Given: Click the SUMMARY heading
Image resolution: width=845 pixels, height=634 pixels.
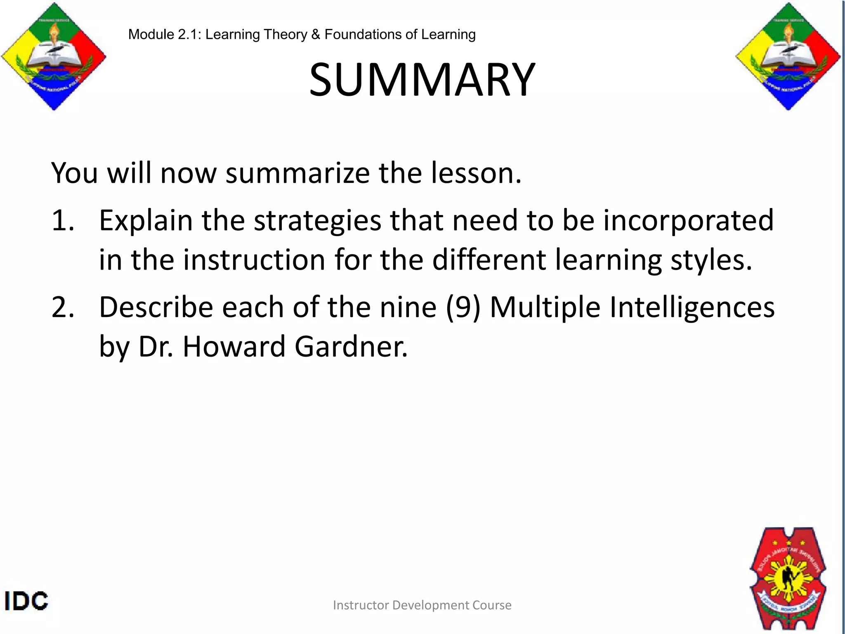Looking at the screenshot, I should tap(422, 80).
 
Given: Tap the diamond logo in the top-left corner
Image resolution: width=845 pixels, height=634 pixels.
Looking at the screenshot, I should tap(54, 57).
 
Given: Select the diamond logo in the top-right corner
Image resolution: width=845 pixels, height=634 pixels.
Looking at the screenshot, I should tap(788, 57).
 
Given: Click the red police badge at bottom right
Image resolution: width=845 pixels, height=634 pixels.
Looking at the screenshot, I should tap(788, 578).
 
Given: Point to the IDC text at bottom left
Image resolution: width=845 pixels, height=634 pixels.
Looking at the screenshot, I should tap(26, 601).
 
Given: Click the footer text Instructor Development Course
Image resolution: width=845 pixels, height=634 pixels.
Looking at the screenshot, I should tap(422, 605).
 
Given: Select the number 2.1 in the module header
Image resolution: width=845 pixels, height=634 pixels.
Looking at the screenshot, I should tap(189, 34).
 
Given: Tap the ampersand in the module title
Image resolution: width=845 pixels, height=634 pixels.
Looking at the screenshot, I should tap(316, 34).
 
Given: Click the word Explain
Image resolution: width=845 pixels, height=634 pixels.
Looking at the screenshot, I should tap(146, 220).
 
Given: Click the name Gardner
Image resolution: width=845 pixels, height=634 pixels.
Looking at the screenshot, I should tap(351, 347).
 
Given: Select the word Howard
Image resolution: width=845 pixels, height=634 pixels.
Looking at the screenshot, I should tap(234, 347).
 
